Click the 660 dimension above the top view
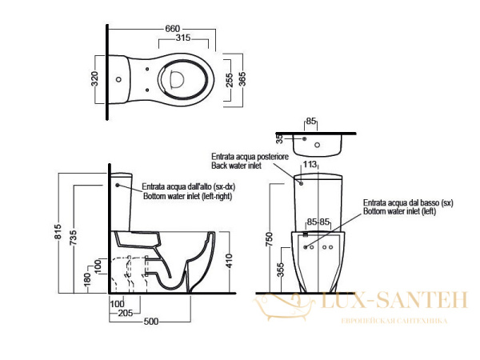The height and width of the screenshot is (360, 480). tap(172, 29)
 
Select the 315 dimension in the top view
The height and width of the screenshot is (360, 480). tap(183, 38)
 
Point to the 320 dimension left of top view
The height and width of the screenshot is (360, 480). tap(94, 78)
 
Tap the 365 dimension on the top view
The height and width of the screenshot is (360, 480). tap(242, 79)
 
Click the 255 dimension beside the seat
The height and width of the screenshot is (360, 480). tap(230, 80)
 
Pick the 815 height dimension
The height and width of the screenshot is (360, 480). tap(58, 232)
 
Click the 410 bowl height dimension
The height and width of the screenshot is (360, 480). tap(230, 261)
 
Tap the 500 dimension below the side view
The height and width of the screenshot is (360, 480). tap(151, 322)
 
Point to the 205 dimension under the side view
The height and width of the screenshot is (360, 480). tap(126, 313)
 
